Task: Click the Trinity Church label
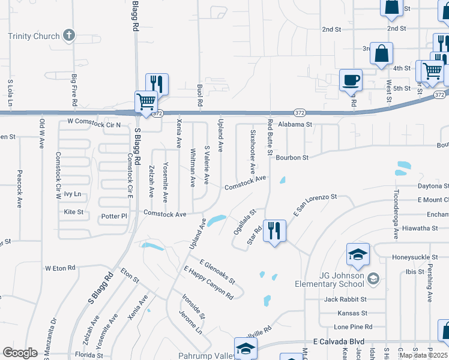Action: (34, 36)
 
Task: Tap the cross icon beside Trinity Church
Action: (69, 35)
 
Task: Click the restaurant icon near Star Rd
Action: (274, 230)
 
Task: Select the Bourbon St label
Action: (292, 158)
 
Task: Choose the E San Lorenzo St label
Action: (315, 205)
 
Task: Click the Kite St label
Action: (73, 212)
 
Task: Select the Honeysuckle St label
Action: (412, 257)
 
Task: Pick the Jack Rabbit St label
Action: (345, 299)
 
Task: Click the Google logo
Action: (20, 352)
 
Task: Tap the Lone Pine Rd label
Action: (353, 327)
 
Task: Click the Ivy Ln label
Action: (72, 194)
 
